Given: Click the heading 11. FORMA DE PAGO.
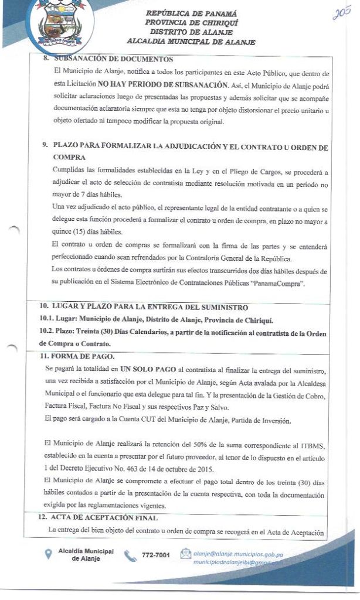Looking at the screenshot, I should (x=77, y=356).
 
